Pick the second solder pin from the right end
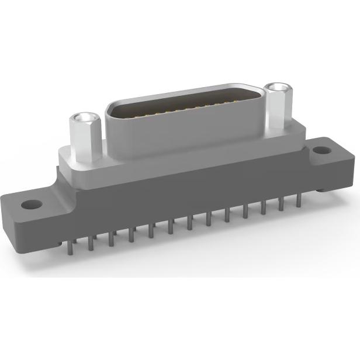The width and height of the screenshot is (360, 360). [x=282, y=204]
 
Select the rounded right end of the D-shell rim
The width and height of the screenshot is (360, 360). [x=261, y=99]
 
